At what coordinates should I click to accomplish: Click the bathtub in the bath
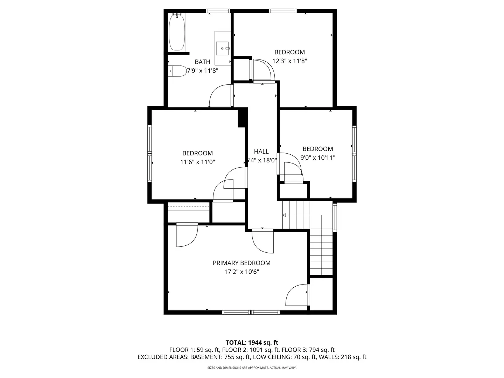pyautogui.click(x=177, y=32)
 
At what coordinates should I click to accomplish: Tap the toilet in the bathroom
pyautogui.click(x=178, y=71)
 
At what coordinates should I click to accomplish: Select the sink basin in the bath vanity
pyautogui.click(x=222, y=48)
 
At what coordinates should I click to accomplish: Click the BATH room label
pyautogui.click(x=202, y=62)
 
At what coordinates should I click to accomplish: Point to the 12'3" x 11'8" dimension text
pyautogui.click(x=289, y=61)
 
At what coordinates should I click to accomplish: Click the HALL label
pyautogui.click(x=261, y=152)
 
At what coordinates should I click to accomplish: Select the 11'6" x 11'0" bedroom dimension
pyautogui.click(x=197, y=162)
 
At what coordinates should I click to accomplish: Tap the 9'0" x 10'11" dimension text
pyautogui.click(x=317, y=158)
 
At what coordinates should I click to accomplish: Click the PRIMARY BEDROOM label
pyautogui.click(x=241, y=263)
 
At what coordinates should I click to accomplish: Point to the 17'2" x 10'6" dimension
pyautogui.click(x=241, y=272)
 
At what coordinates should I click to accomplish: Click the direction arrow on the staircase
pyautogui.click(x=284, y=215)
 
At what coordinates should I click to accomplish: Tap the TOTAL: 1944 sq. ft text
pyautogui.click(x=252, y=343)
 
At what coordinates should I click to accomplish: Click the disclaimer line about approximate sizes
pyautogui.click(x=252, y=368)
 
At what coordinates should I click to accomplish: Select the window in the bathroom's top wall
pyautogui.click(x=218, y=11)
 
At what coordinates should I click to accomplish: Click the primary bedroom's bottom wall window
pyautogui.click(x=251, y=312)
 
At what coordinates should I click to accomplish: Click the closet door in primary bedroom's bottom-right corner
pyautogui.click(x=297, y=295)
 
